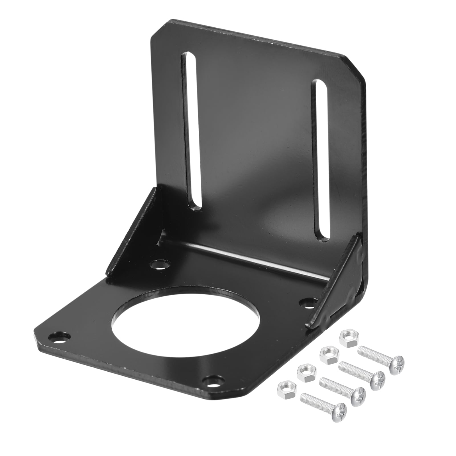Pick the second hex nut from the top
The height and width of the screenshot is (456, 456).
point(328,355)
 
